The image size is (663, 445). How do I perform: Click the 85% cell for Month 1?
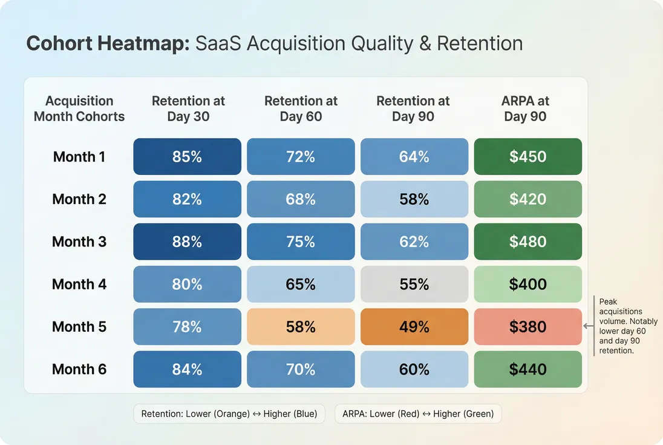pyautogui.click(x=187, y=157)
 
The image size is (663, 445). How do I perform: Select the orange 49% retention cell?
pyautogui.click(x=414, y=327)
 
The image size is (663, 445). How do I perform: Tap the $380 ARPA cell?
pyautogui.click(x=527, y=327)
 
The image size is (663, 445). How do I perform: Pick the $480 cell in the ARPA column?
pyautogui.click(x=527, y=242)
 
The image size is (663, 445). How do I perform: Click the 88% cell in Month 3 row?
pyautogui.click(x=187, y=242)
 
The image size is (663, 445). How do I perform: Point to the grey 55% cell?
pyautogui.click(x=414, y=284)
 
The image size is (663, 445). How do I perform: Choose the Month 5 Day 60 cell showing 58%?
pyautogui.click(x=301, y=327)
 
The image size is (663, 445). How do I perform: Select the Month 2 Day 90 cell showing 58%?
pyautogui.click(x=414, y=199)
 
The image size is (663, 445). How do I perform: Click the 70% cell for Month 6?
pyautogui.click(x=301, y=369)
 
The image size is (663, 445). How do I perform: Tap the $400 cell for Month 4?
pyautogui.click(x=527, y=284)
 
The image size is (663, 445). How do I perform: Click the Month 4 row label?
pyautogui.click(x=79, y=284)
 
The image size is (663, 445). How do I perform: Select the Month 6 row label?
pyautogui.click(x=79, y=369)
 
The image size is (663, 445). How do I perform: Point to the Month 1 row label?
pyautogui.click(x=79, y=157)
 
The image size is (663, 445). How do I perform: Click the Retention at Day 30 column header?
pyautogui.click(x=188, y=109)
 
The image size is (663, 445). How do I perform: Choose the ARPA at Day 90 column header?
pyautogui.click(x=525, y=109)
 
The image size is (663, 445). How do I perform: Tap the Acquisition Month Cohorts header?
pyautogui.click(x=79, y=109)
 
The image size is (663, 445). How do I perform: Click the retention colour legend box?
pyautogui.click(x=229, y=414)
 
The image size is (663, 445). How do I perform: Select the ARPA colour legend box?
pyautogui.click(x=418, y=414)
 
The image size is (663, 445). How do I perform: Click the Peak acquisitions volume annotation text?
pyautogui.click(x=627, y=326)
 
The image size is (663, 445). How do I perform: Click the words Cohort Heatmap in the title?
pyautogui.click(x=108, y=44)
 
